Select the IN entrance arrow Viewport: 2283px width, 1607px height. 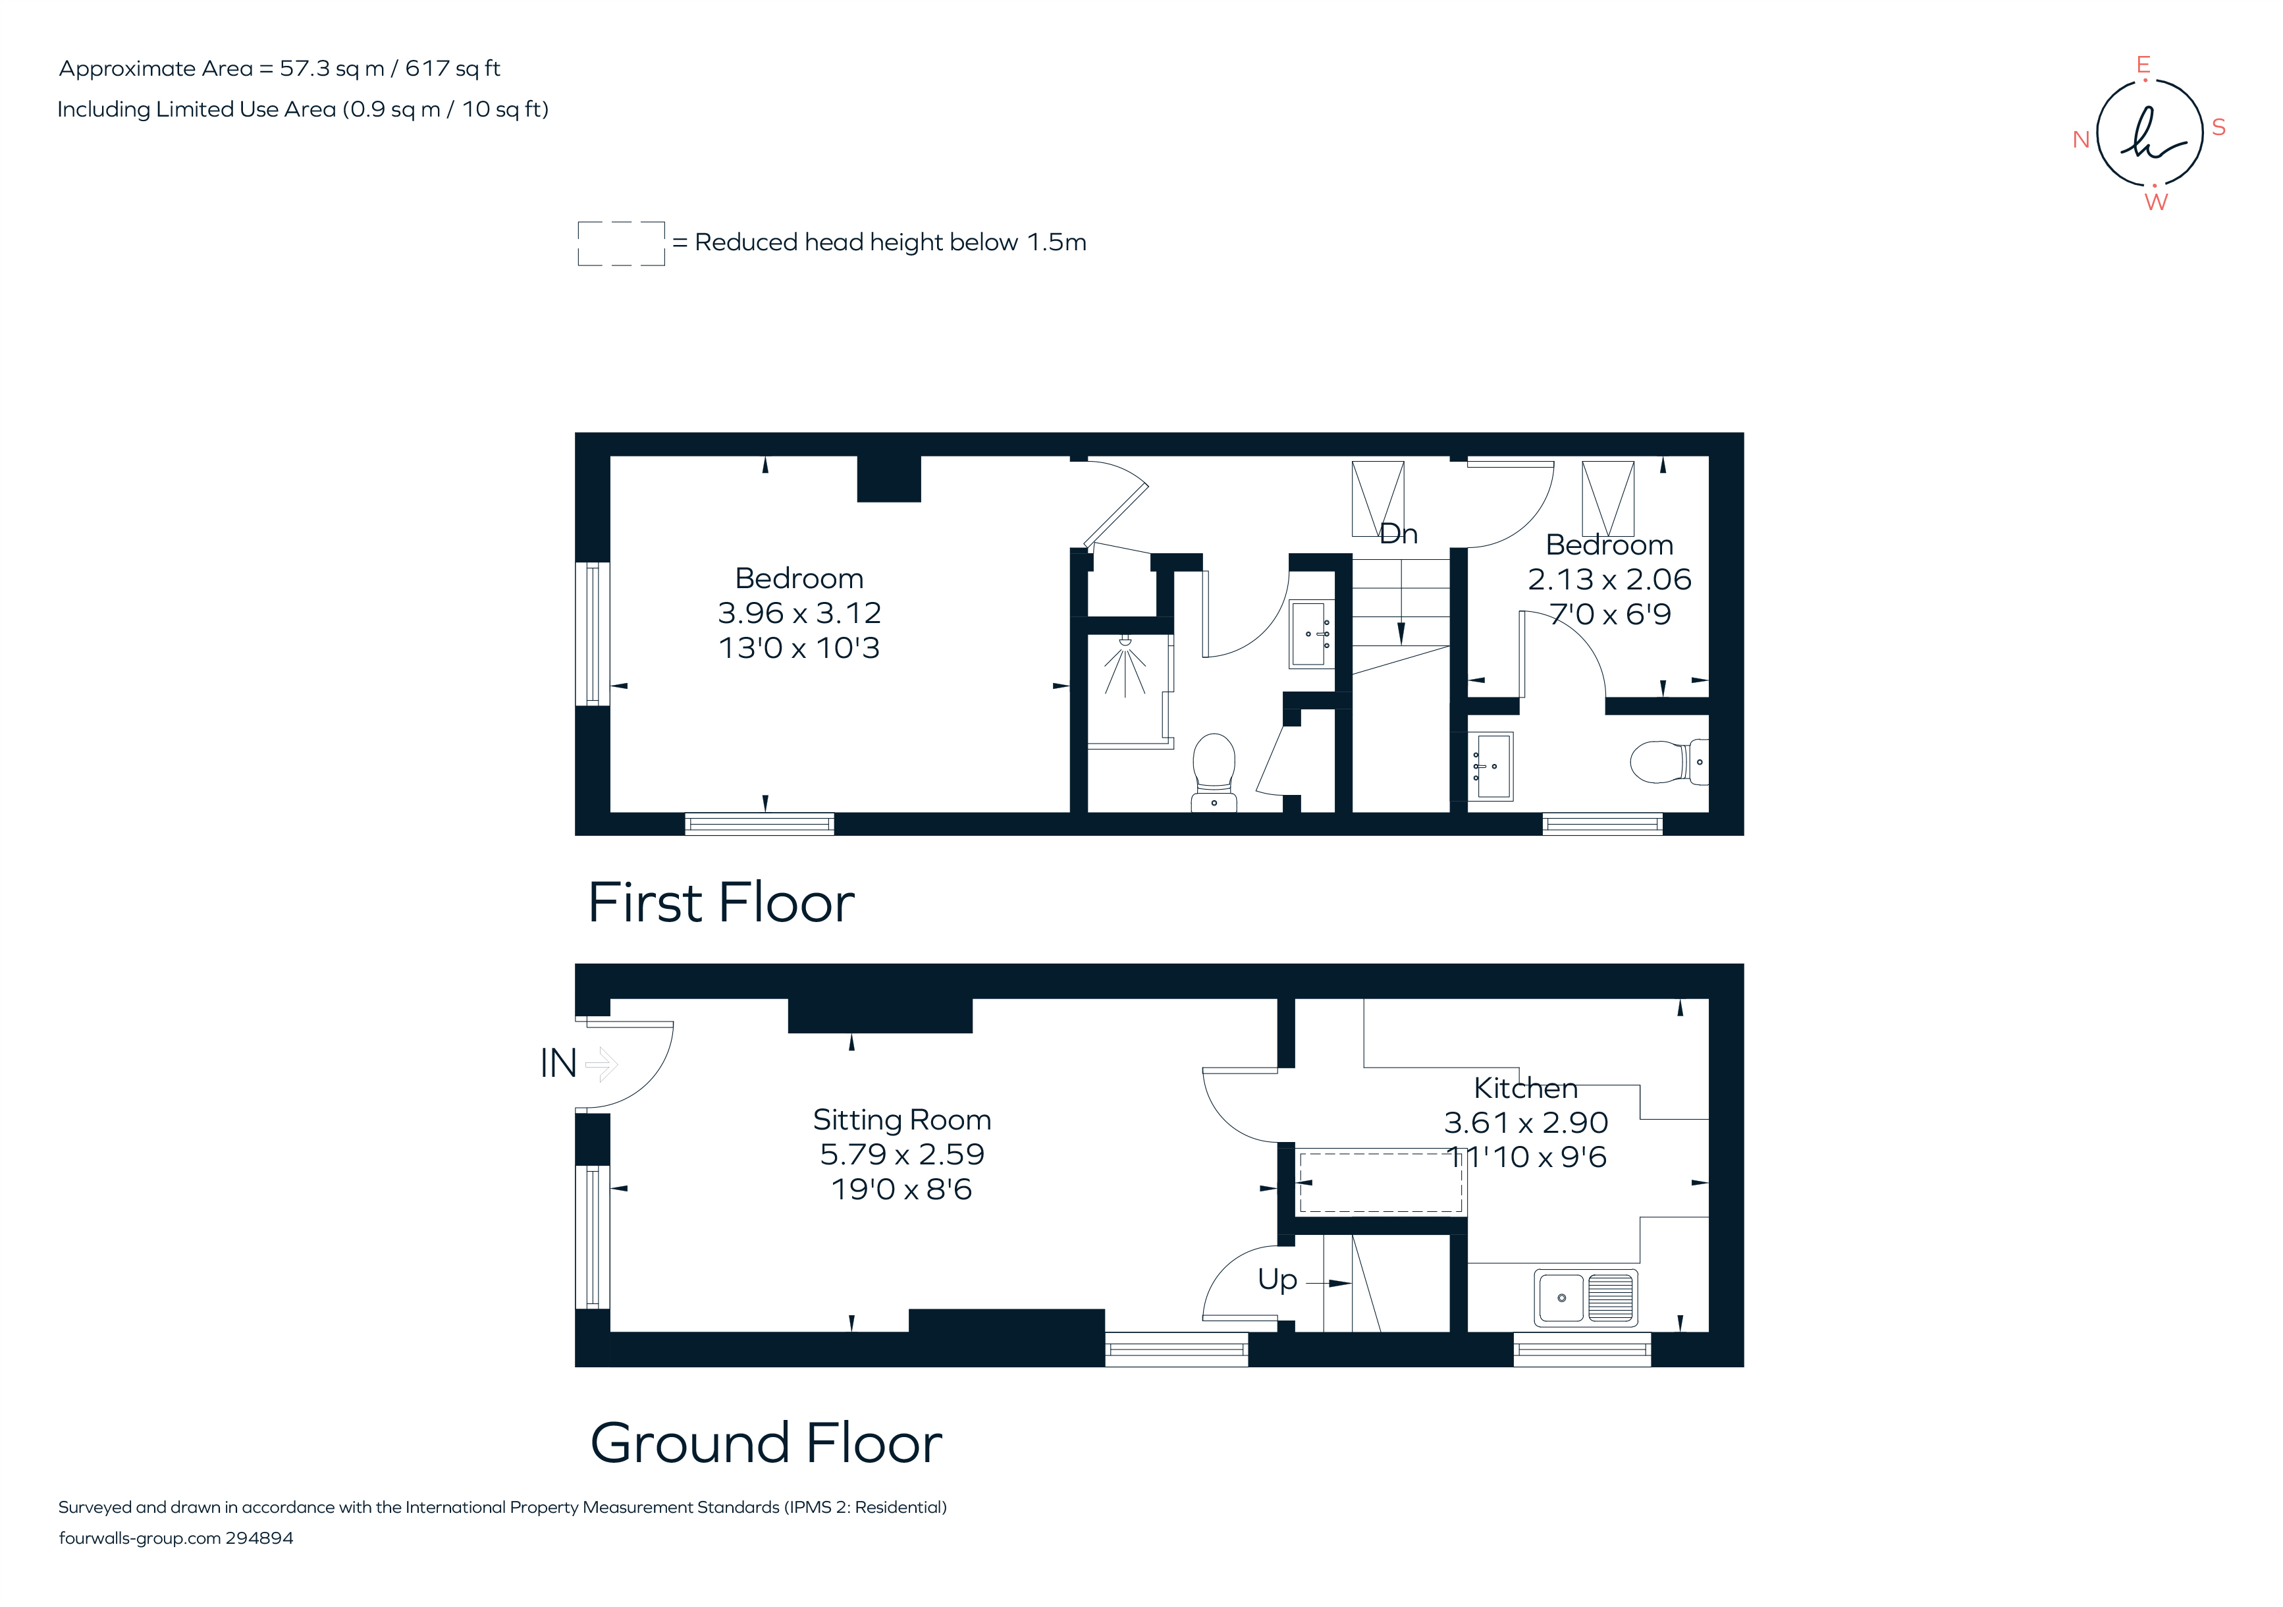click(602, 1064)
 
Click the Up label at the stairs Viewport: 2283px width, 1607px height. click(1277, 1279)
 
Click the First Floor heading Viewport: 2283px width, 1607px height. click(721, 903)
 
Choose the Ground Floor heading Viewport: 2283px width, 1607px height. click(766, 1443)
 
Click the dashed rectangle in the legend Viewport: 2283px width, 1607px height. click(622, 244)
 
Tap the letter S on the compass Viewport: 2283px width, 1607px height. click(2218, 127)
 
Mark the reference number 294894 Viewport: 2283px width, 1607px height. click(259, 1539)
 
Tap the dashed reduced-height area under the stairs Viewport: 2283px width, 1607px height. click(1381, 1182)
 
